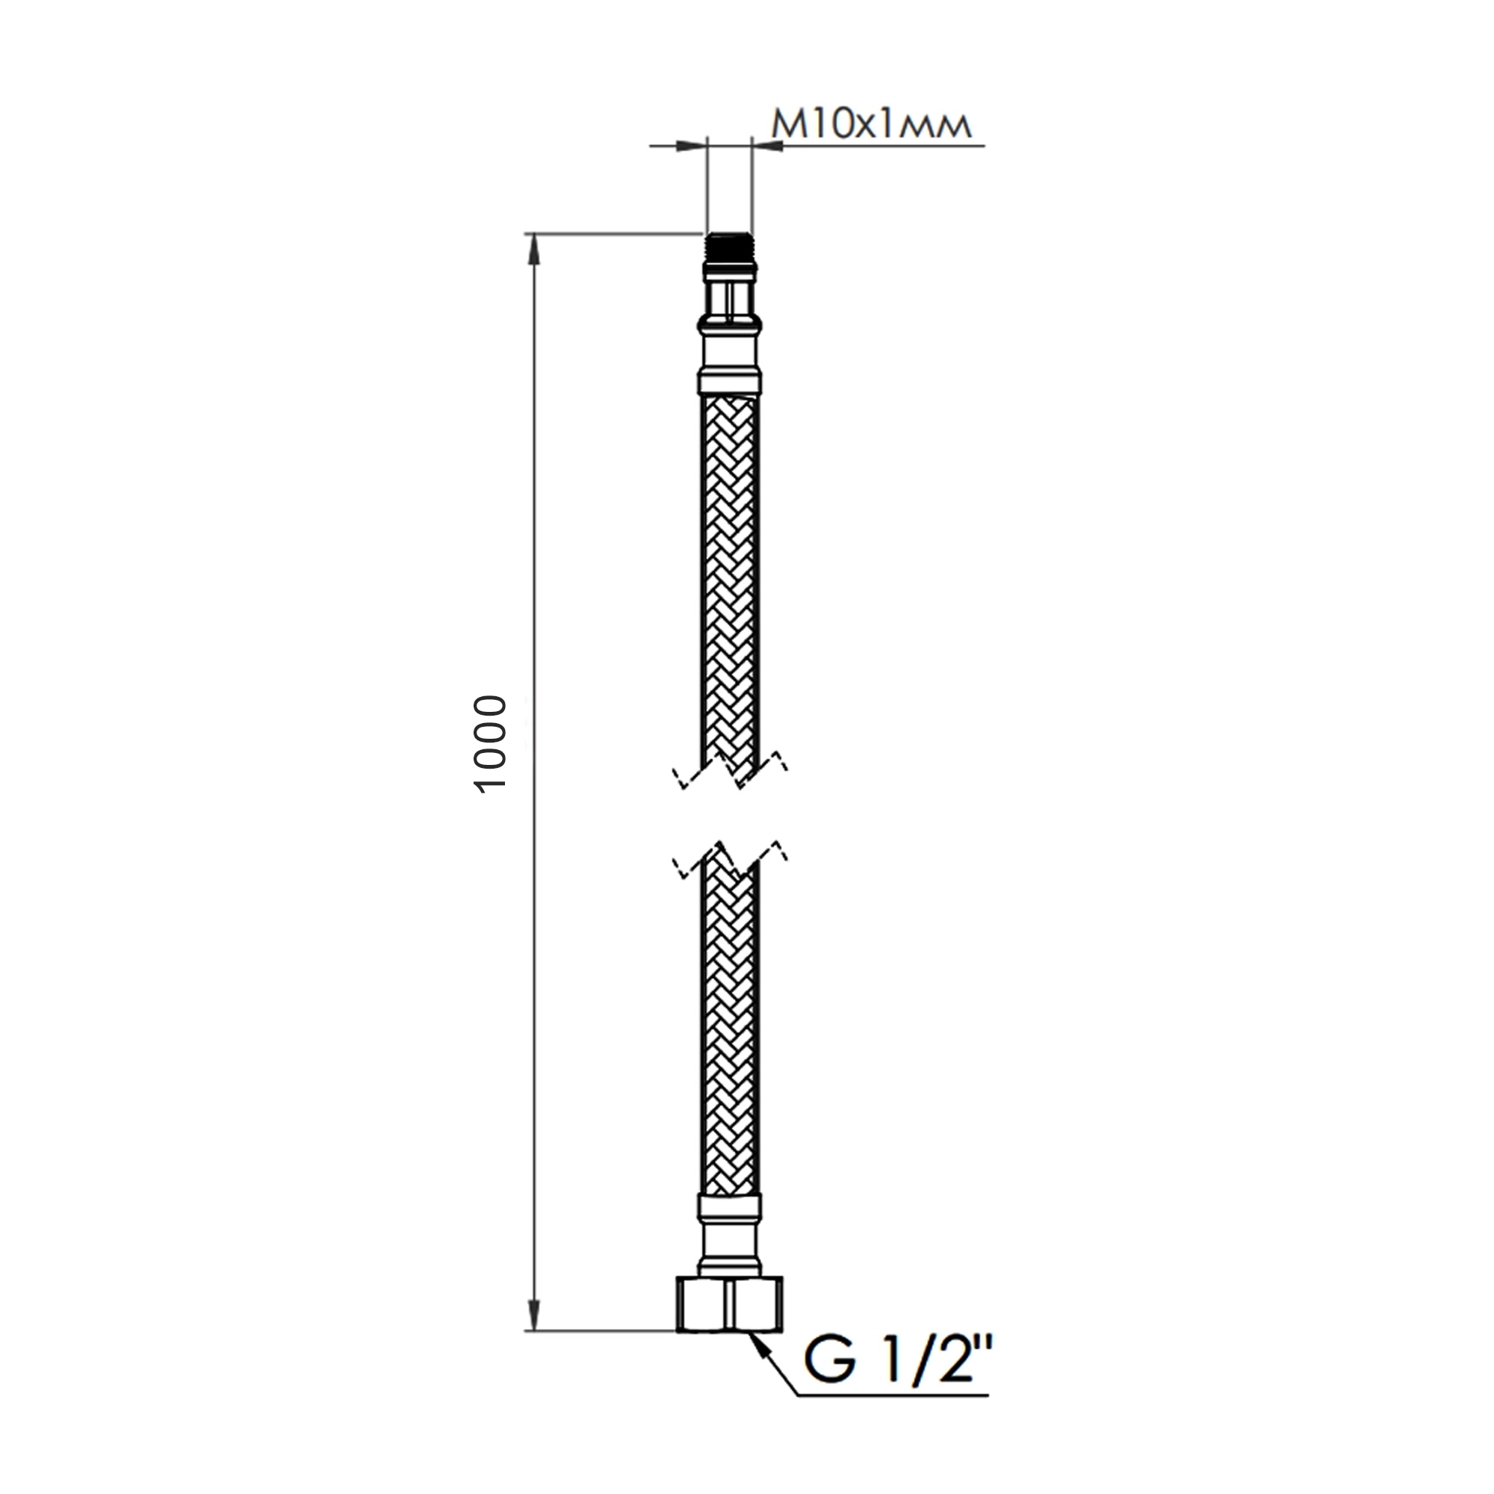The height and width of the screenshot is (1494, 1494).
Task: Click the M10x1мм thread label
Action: click(x=871, y=125)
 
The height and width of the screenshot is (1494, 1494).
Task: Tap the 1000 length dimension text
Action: click(x=490, y=745)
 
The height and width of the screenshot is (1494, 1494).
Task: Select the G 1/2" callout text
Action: click(x=898, y=1361)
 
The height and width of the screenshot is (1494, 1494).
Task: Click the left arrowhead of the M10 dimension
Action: click(x=691, y=146)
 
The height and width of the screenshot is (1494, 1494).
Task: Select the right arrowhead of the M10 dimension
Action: click(x=767, y=146)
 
